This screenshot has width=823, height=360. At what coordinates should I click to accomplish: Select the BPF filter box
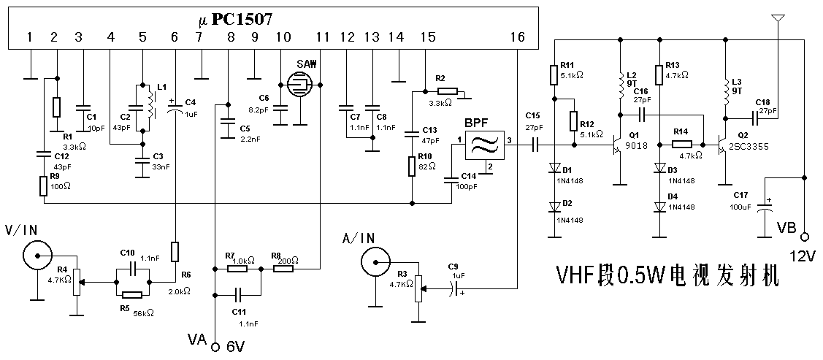tap(484, 145)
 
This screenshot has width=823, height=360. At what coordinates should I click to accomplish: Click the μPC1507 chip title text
tap(235, 20)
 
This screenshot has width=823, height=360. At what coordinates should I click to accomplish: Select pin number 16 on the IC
tap(517, 37)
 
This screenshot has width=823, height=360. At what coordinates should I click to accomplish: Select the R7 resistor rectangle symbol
tap(237, 269)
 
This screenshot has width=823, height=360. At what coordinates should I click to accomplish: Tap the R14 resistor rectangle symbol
tap(682, 145)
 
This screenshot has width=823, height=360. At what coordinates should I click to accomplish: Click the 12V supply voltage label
tap(803, 256)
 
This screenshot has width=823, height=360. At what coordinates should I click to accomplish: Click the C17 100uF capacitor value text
tap(741, 207)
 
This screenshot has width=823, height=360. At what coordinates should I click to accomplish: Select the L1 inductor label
tap(161, 87)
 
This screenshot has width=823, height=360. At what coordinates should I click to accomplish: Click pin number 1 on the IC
tap(30, 37)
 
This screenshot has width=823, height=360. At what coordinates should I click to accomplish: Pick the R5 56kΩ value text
tap(144, 313)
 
